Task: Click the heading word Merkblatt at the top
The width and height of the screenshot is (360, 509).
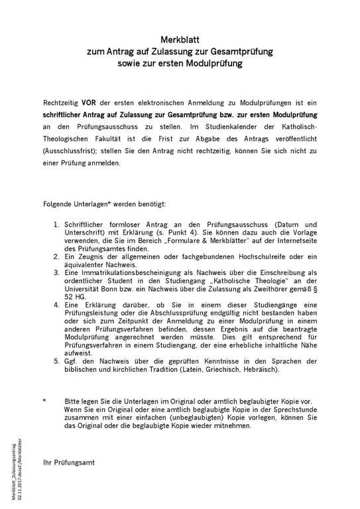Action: (x=180, y=40)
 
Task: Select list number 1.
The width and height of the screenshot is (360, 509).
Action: (x=58, y=227)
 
